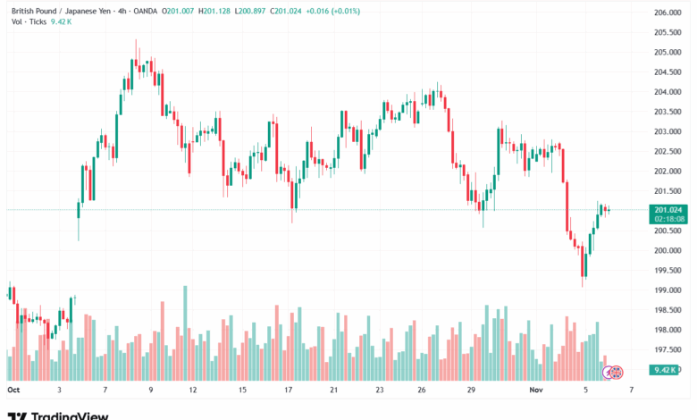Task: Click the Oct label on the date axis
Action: pyautogui.click(x=13, y=391)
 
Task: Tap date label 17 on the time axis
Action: pyautogui.click(x=290, y=391)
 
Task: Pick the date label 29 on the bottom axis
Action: pyautogui.click(x=472, y=391)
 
